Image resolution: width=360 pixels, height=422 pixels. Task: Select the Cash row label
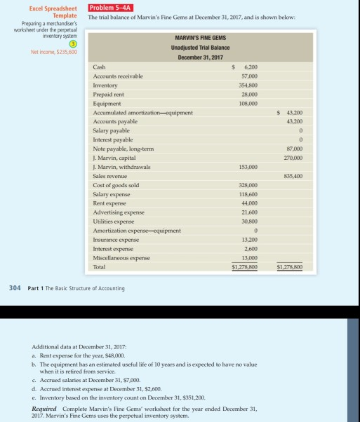click(100, 67)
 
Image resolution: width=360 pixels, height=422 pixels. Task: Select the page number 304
click(15, 288)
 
